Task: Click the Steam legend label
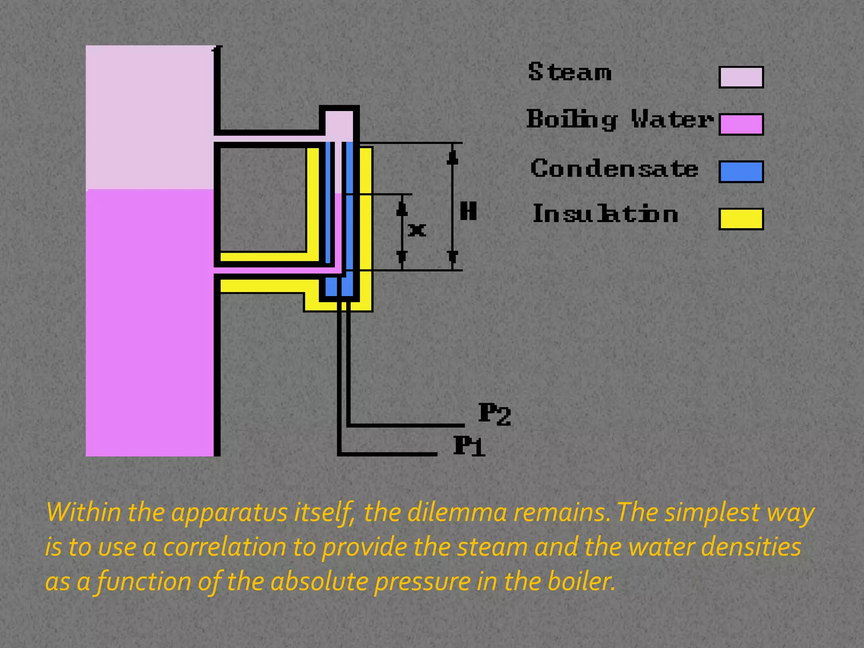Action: tap(570, 72)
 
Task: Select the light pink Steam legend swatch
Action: tap(741, 77)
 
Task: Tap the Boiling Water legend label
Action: tap(619, 119)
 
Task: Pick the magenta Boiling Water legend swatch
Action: tap(741, 124)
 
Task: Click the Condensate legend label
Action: tap(614, 169)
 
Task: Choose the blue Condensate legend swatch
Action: tap(741, 172)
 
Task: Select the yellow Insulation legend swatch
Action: tap(741, 219)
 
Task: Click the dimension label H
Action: tap(468, 211)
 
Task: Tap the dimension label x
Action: tap(417, 230)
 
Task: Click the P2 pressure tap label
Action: tap(494, 414)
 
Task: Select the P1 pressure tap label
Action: tap(469, 446)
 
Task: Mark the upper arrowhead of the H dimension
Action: tap(453, 157)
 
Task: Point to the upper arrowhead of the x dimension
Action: tap(402, 208)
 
